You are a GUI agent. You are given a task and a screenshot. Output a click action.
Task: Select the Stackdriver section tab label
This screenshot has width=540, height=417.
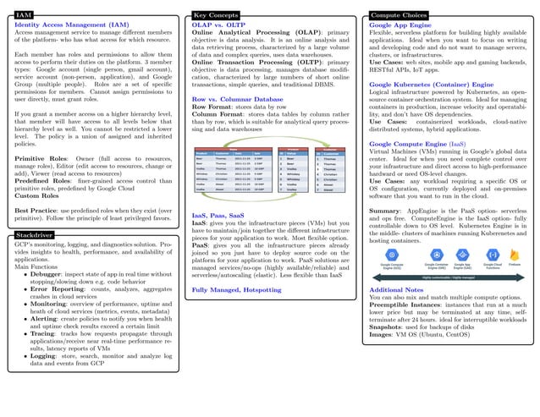point(35,233)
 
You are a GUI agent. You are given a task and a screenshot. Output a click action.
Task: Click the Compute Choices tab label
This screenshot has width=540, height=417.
point(398,15)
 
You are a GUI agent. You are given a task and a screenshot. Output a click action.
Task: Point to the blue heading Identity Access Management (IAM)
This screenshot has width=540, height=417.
point(72,25)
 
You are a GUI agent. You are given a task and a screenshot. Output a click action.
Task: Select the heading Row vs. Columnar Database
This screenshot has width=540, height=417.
point(238,99)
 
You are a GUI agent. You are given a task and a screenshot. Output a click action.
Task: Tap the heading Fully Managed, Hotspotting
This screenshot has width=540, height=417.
point(237,290)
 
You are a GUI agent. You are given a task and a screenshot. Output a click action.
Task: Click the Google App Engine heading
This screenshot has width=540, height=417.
point(400,25)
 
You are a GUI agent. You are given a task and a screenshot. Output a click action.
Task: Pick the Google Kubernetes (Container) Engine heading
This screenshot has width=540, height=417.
point(432,85)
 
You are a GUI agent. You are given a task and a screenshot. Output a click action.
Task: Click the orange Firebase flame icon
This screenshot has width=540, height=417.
point(514,255)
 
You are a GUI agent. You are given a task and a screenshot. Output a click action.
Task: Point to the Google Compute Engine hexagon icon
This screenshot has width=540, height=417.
point(393,255)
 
